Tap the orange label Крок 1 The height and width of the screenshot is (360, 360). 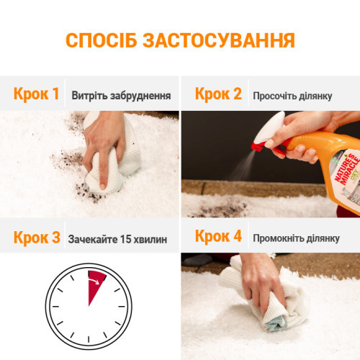click(36, 94)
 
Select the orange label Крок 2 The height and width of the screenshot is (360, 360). click(219, 94)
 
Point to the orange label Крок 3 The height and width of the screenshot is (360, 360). click(36, 238)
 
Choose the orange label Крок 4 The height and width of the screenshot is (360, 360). click(219, 238)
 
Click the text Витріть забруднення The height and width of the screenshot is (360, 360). click(120, 95)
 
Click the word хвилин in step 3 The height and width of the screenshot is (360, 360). click(153, 238)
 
